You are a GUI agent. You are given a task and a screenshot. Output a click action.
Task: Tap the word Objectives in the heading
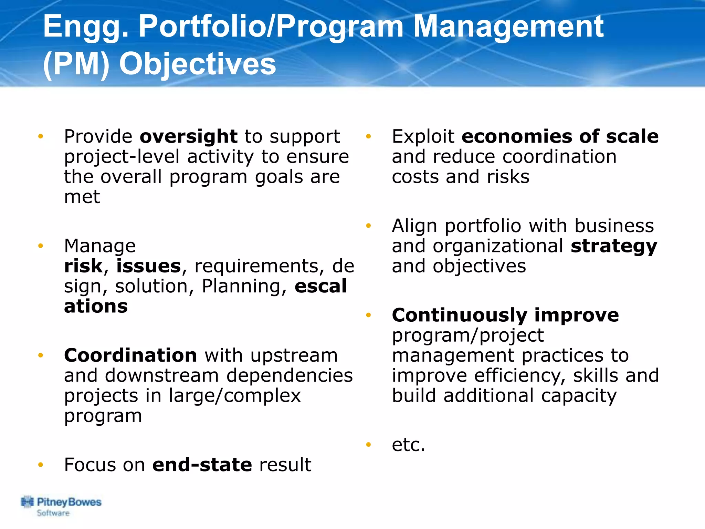pos(197,64)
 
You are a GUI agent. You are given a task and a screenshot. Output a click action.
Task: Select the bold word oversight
pos(188,137)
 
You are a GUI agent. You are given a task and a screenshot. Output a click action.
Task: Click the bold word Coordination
pos(130,355)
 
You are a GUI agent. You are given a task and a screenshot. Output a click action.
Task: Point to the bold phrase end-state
pos(202,465)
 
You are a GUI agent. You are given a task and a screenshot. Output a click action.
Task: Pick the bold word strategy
pos(614,247)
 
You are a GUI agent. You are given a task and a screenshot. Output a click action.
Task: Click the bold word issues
pos(148,266)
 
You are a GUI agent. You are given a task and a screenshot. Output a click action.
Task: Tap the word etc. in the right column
pos(409,445)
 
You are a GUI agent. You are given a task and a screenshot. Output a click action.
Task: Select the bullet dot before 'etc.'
pos(368,445)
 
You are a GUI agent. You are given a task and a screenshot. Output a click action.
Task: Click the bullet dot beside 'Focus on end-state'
pos(41,465)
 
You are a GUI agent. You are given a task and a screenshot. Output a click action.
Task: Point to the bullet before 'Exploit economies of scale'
pos(368,137)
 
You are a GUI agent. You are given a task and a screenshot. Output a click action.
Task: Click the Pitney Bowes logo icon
pos(27,502)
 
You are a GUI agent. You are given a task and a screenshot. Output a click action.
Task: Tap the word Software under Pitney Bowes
pos(53,513)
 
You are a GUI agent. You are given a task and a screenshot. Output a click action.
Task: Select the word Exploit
pos(423,137)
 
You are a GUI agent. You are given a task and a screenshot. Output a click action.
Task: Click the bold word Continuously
pos(459,315)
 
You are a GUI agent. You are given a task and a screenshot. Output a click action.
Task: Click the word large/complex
pos(235,396)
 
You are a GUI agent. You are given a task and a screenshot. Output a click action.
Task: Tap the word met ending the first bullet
pos(82,197)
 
